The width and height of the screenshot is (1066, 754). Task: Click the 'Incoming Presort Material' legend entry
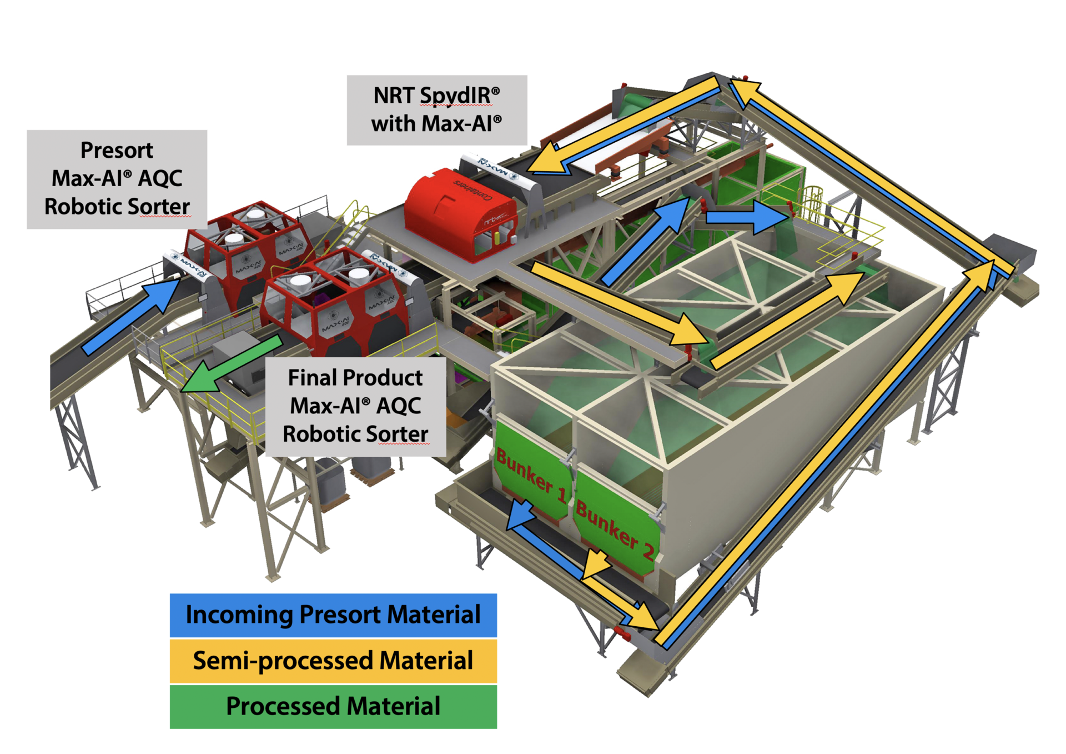[x=333, y=615]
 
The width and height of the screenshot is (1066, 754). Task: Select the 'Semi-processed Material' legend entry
[x=333, y=661]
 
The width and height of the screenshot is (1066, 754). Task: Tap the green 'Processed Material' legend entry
[x=333, y=707]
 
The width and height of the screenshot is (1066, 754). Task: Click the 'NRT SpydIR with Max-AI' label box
[x=436, y=110]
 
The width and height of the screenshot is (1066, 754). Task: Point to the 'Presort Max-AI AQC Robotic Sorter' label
[x=117, y=179]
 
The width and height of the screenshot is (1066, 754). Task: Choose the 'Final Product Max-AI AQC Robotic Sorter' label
[x=355, y=407]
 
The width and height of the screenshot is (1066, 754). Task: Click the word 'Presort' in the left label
[x=117, y=151]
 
